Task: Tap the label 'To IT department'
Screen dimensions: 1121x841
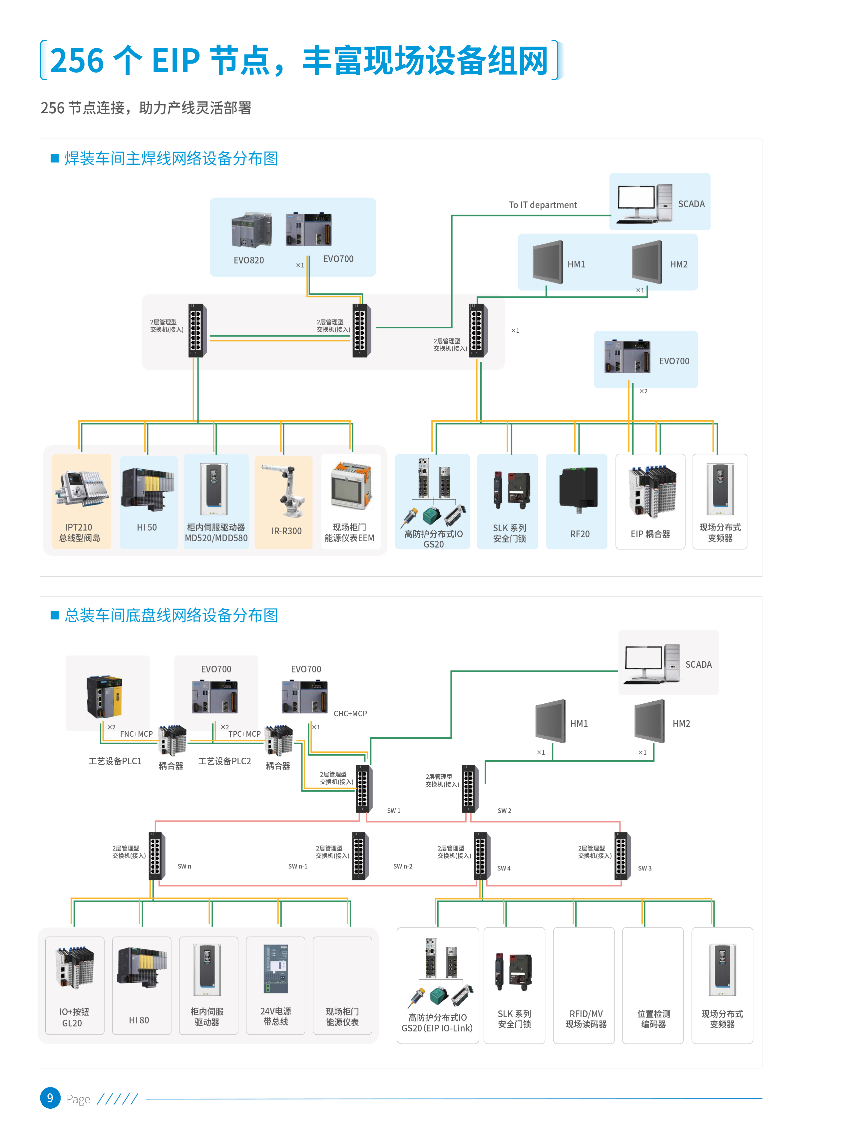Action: [x=543, y=205]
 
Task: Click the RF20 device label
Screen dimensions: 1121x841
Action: [x=580, y=534]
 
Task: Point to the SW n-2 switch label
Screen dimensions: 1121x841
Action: [x=402, y=866]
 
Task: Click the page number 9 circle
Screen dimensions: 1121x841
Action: [x=50, y=1098]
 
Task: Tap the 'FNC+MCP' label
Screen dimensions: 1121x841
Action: [x=136, y=734]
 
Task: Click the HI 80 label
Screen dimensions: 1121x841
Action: [x=139, y=1020]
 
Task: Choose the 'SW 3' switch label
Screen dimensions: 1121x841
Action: [x=644, y=868]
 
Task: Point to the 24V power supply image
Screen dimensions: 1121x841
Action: [x=275, y=968]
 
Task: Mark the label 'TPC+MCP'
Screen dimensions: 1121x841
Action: [x=244, y=734]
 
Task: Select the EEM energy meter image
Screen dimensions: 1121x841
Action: [x=351, y=487]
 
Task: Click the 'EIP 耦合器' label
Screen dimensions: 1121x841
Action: [x=650, y=534]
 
